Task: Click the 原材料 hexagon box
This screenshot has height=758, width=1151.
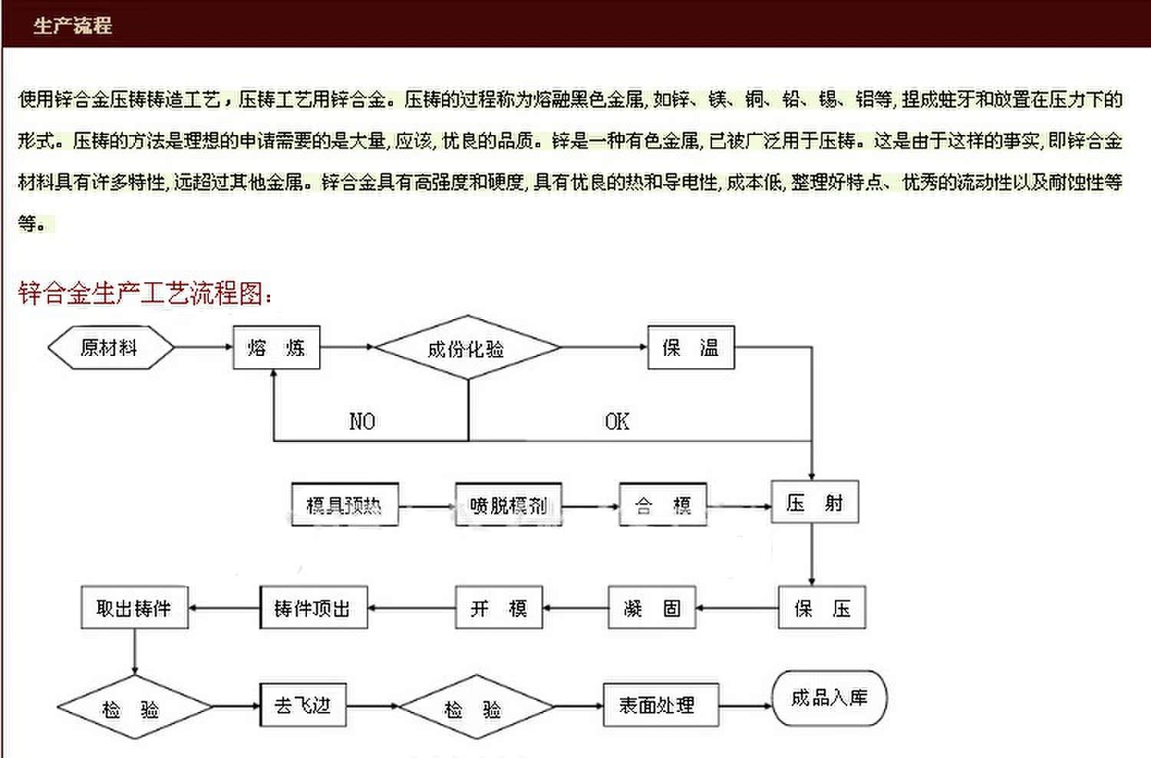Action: [110, 348]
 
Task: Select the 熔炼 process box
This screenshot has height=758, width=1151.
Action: [276, 348]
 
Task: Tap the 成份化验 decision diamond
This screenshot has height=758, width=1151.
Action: [467, 348]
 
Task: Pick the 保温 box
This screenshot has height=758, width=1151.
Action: [691, 348]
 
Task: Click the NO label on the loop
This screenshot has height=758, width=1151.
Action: [362, 421]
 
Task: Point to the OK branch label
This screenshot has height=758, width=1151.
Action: [617, 421]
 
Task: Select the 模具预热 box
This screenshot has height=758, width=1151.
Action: [345, 505]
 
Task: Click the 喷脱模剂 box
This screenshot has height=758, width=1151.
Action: [509, 505]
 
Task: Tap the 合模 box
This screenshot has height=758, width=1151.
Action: [663, 505]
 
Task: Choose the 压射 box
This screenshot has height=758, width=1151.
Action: [814, 503]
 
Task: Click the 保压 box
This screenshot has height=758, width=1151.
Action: [822, 608]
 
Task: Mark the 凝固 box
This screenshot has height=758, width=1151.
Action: [652, 608]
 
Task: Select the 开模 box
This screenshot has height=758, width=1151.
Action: [499, 608]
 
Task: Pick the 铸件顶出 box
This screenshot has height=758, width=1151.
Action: [313, 608]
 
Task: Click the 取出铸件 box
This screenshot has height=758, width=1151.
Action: [134, 608]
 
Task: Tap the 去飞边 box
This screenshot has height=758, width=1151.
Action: [302, 704]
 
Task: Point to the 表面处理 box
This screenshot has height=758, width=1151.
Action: [661, 705]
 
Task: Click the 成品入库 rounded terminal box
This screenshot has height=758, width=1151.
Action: [829, 697]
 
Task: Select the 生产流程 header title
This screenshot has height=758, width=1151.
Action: [72, 25]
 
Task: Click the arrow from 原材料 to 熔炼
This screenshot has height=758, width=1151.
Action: [203, 348]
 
